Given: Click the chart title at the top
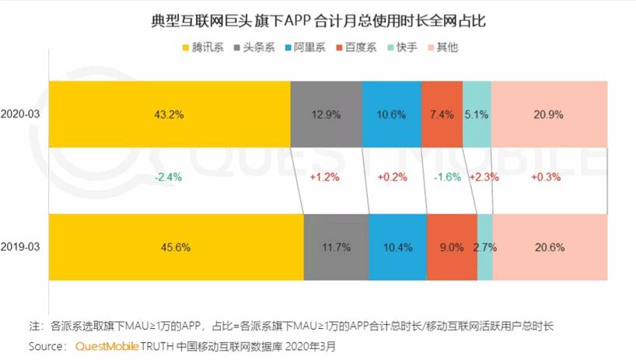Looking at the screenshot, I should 318,19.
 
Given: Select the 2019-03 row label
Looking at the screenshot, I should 23,246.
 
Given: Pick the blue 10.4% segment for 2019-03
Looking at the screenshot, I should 397,246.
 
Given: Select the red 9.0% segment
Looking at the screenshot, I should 452,246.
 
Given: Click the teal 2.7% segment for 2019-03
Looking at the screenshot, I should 484,246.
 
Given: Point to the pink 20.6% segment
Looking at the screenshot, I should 549,246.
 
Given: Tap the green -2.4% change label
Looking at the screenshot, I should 168,177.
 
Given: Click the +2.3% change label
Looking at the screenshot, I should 483,177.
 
